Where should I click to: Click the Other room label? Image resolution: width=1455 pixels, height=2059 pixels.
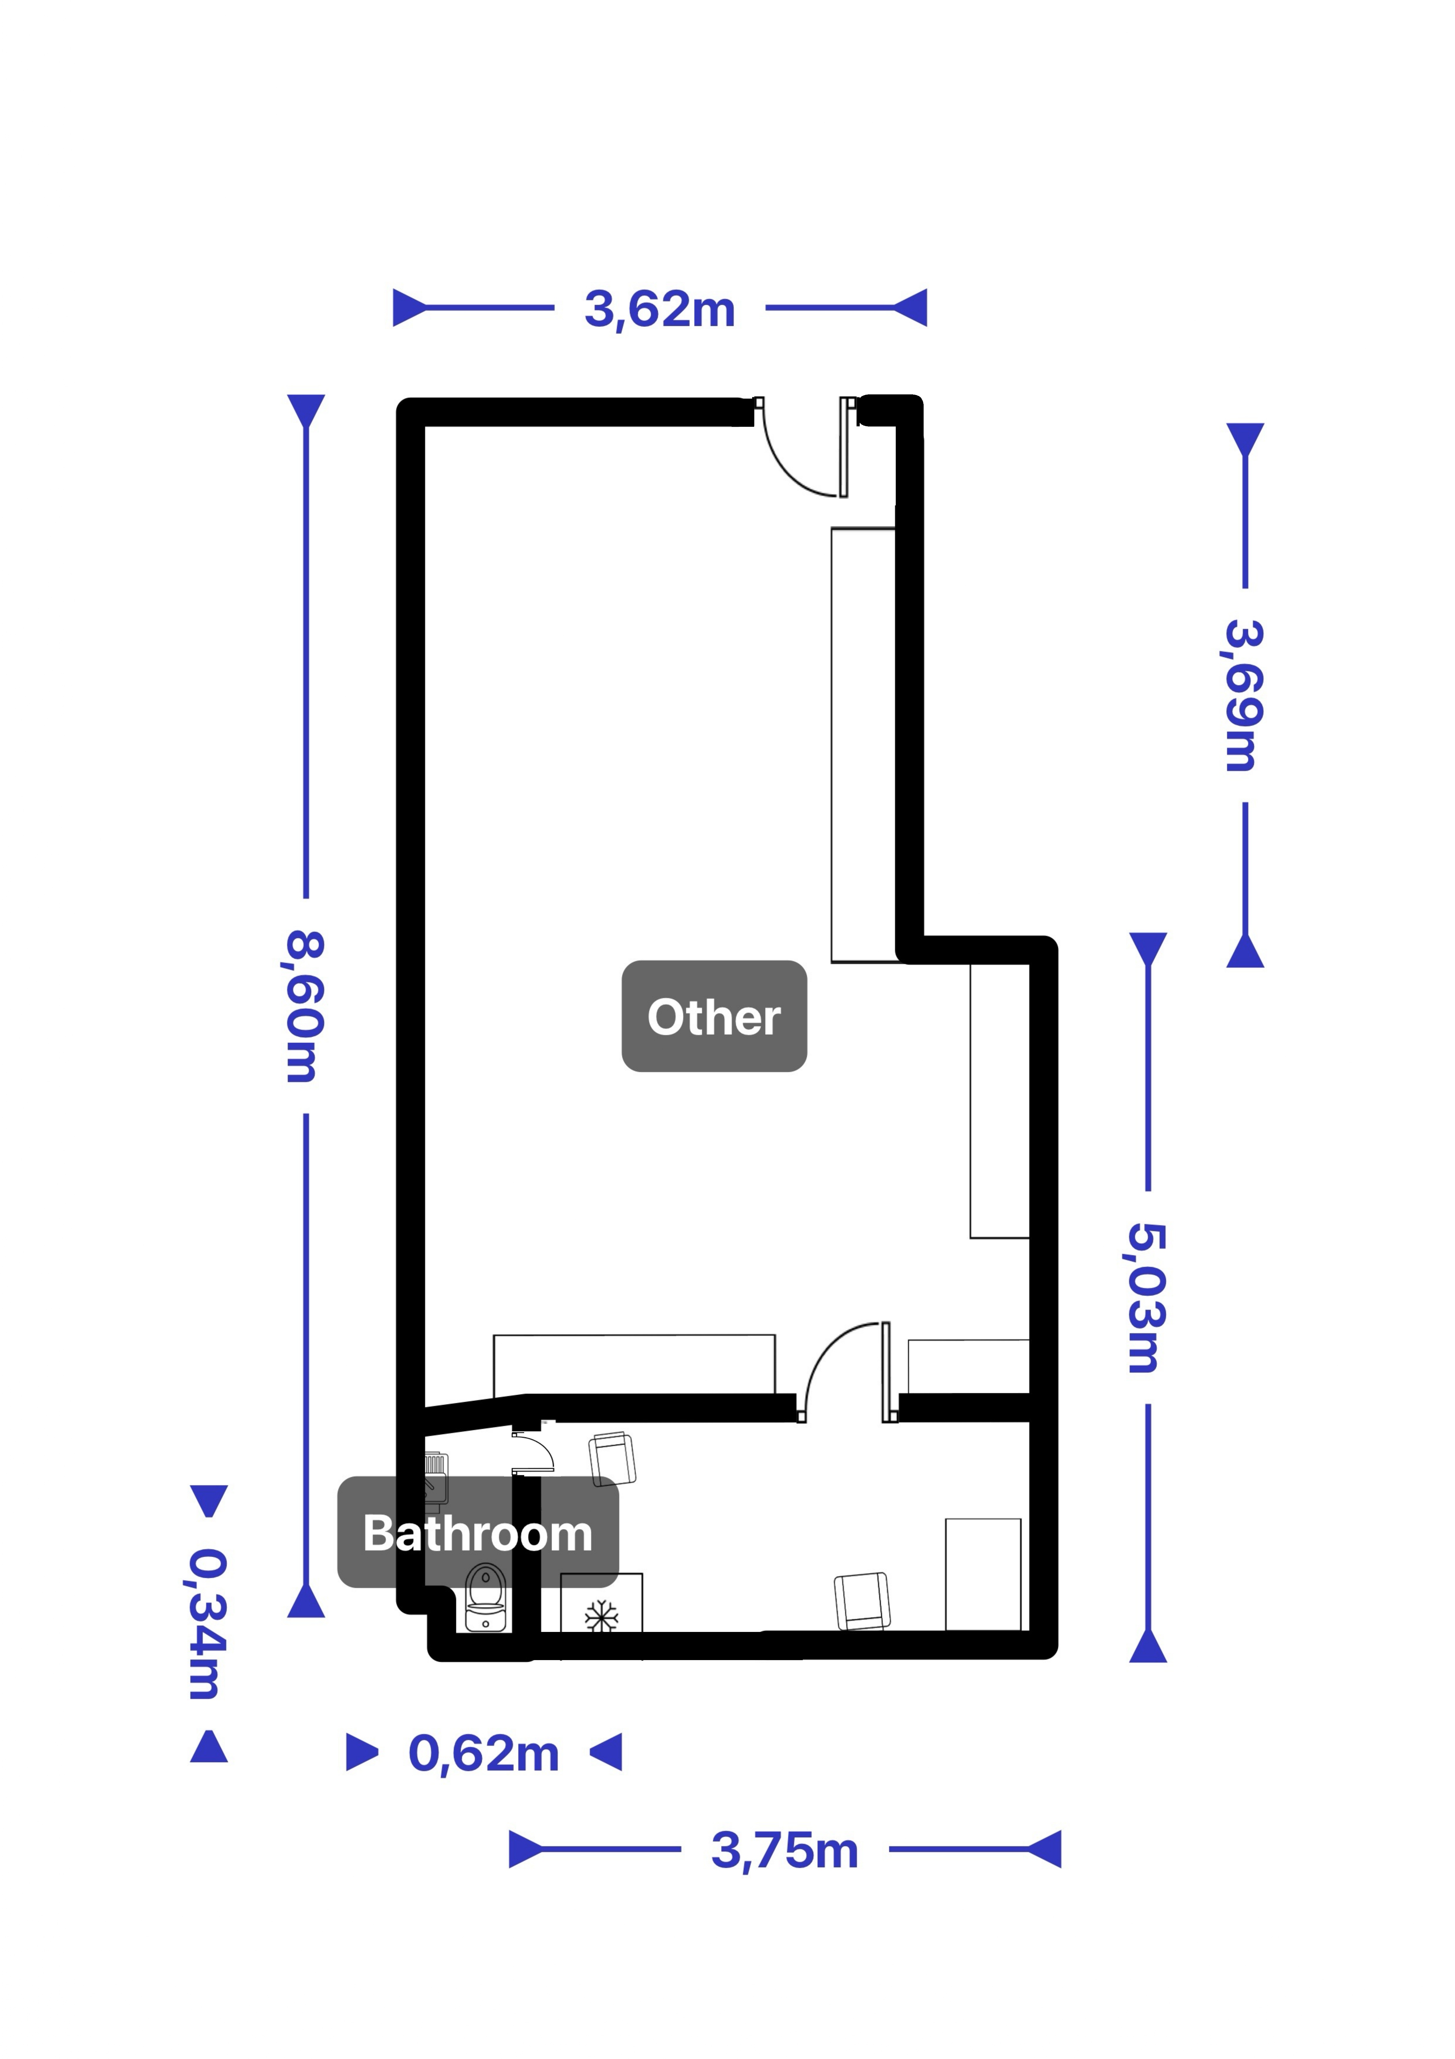(x=714, y=1016)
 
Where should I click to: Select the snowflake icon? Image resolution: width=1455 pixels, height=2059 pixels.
(x=601, y=1617)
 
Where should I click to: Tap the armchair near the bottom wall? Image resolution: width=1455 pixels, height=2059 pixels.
(x=863, y=1601)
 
